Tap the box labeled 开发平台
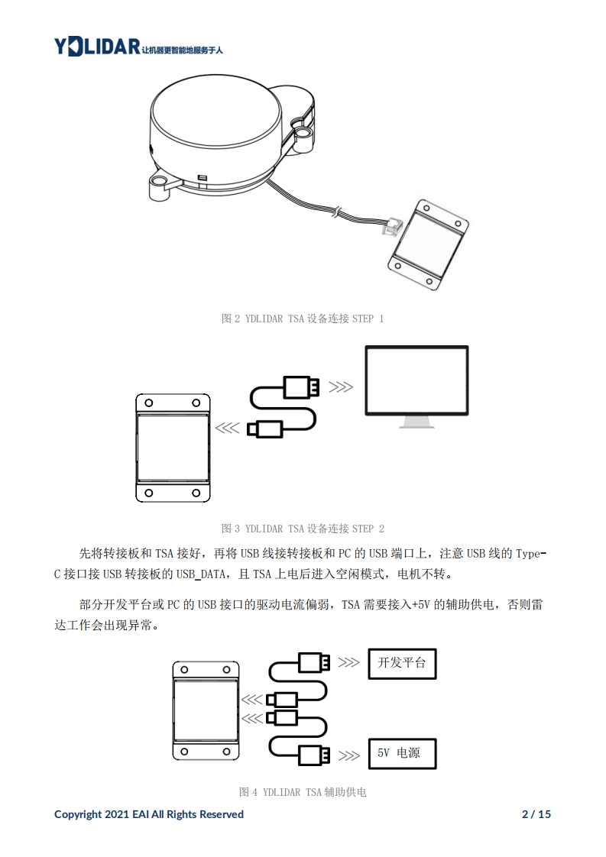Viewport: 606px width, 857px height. click(402, 663)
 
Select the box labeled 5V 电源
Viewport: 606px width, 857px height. click(402, 753)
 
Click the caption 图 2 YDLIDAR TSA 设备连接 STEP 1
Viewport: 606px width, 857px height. click(303, 319)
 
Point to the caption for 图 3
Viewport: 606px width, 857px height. click(303, 529)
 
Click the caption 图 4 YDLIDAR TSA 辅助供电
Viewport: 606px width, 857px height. click(303, 792)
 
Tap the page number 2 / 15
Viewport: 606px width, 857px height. click(536, 814)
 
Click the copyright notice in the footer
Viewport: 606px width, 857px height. click(149, 814)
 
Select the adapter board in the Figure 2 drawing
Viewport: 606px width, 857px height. click(427, 244)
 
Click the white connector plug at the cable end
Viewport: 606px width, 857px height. click(393, 226)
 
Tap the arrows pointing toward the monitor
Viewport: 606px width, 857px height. click(341, 387)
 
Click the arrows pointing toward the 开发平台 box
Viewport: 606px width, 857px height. click(348, 662)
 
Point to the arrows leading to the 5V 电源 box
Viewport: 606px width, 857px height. click(348, 756)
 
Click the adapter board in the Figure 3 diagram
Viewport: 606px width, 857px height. click(173, 448)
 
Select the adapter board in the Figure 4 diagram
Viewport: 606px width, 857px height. click(205, 709)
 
